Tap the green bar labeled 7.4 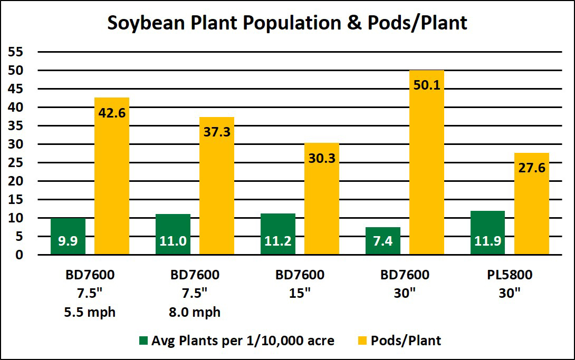pos(382,241)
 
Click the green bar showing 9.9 pos(68,237)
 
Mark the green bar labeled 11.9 pos(487,233)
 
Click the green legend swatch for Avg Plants pos(143,340)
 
